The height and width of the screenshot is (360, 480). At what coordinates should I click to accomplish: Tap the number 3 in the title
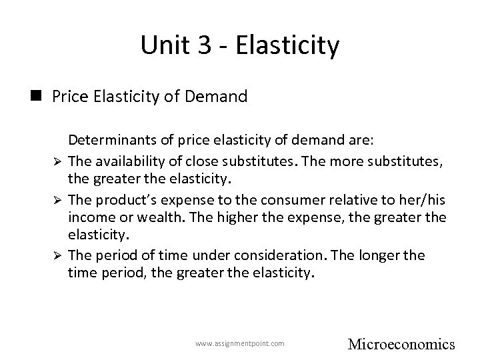tap(198, 45)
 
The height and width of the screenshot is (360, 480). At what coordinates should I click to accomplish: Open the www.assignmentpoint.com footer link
tap(240, 343)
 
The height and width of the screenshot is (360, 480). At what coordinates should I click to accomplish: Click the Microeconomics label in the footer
tap(401, 345)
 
